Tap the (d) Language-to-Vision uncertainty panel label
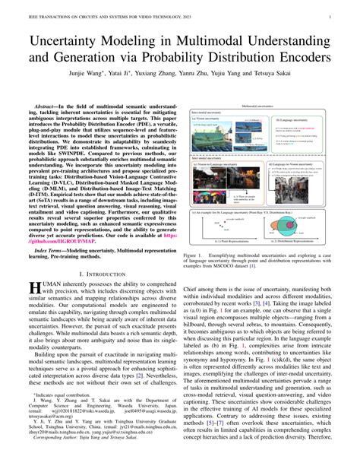(298, 164)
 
